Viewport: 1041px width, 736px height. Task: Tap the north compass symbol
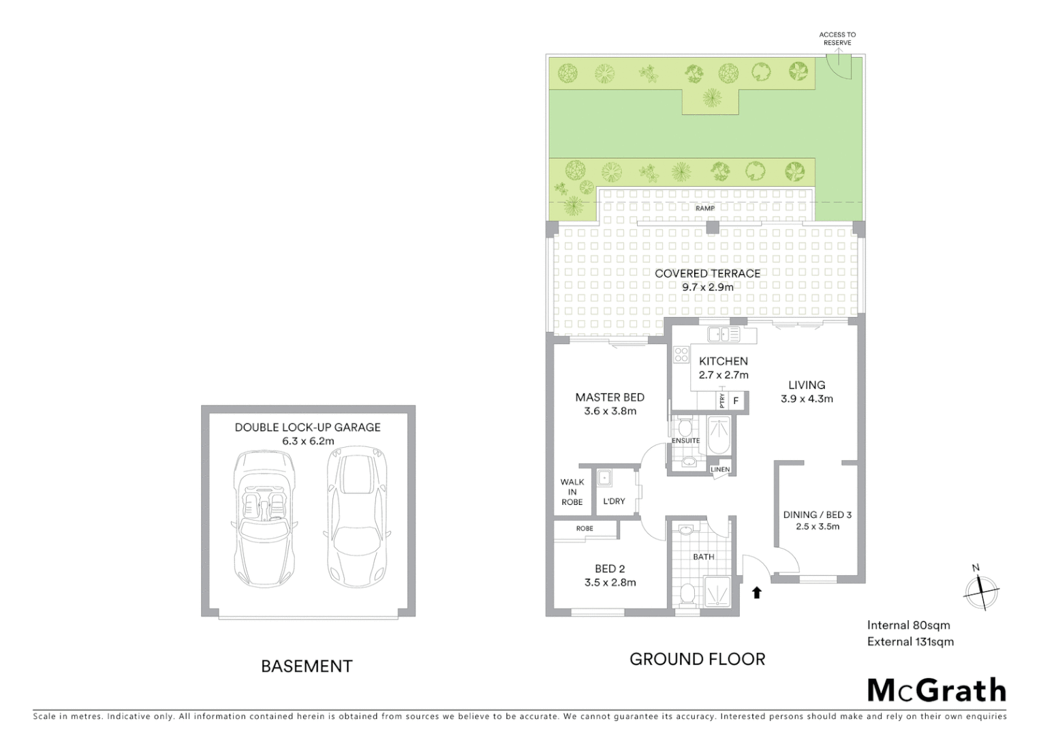980,589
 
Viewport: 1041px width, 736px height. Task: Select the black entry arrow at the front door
756,592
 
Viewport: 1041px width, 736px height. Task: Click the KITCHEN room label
724,361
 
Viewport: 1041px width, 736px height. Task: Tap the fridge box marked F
736,401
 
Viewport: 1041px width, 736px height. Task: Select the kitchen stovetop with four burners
681,354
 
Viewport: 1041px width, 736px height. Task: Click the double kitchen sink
723,334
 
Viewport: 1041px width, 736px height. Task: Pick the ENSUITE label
685,441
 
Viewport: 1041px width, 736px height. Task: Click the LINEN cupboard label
720,470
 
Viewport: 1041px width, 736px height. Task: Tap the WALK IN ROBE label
572,492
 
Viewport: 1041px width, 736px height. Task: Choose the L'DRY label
614,502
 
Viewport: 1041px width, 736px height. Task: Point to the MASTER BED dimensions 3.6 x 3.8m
610,412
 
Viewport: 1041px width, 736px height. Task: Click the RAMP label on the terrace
705,209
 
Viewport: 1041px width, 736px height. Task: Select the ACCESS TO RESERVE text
837,39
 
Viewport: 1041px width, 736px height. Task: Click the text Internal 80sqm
908,625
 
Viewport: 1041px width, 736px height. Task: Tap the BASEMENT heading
307,666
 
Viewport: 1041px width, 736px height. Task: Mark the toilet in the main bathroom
688,593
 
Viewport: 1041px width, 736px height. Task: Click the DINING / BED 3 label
817,515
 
